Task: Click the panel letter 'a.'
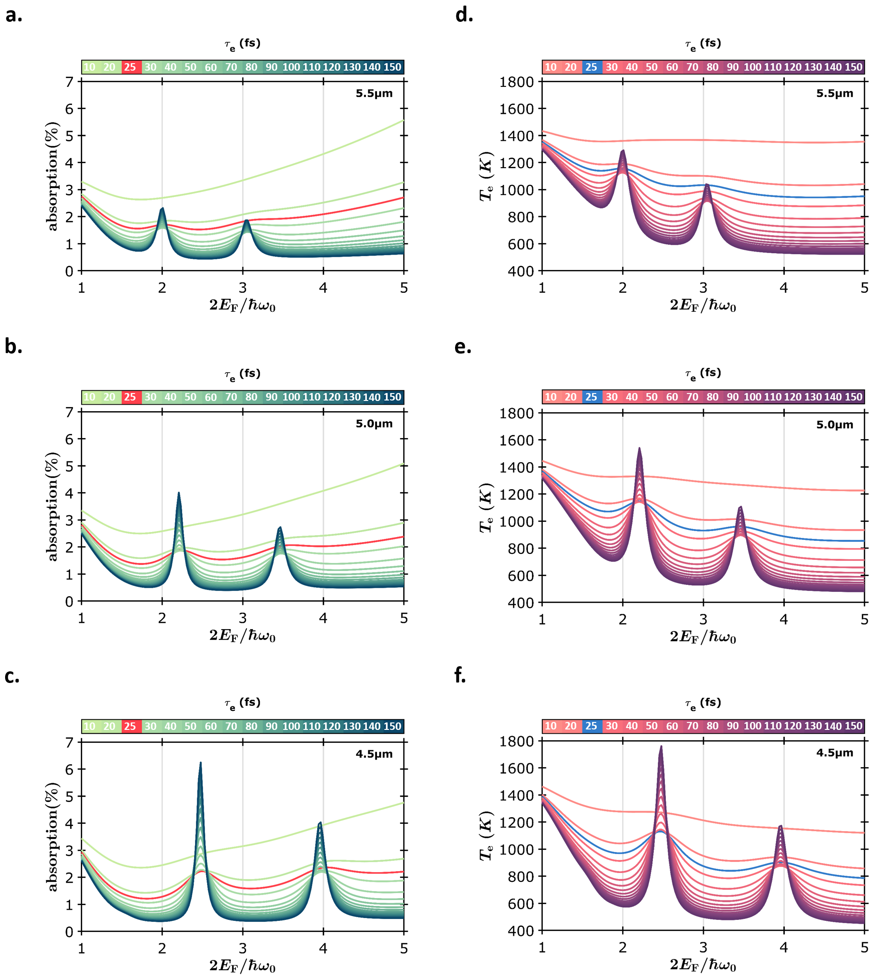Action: coord(13,16)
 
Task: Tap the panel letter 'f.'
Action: coord(460,676)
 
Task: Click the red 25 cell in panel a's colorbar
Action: coord(130,67)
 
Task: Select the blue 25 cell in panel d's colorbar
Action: coord(591,67)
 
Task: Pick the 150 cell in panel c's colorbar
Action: coord(392,726)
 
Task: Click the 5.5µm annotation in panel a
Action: coord(374,94)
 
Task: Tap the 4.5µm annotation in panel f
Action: coord(834,753)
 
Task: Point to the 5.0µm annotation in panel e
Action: coord(834,425)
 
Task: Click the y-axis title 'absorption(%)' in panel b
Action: coord(52,506)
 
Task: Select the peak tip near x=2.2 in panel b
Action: coord(179,493)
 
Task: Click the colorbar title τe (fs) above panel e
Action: coord(703,374)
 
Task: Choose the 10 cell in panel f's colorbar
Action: coord(551,726)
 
